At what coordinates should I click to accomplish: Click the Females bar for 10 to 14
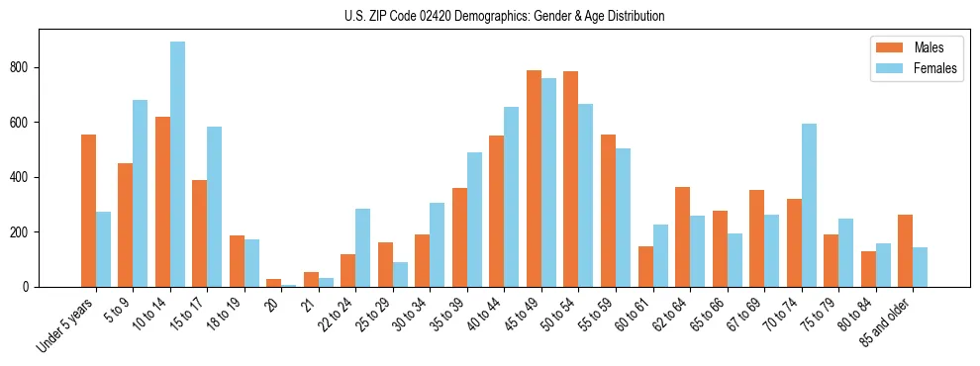177,164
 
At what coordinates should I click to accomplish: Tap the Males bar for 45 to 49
534,178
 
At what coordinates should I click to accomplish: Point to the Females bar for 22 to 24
363,247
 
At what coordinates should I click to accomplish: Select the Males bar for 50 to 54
571,179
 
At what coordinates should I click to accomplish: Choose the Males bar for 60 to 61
645,266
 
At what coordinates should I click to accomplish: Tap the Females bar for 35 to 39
474,220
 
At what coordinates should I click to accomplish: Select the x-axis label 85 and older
889,321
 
